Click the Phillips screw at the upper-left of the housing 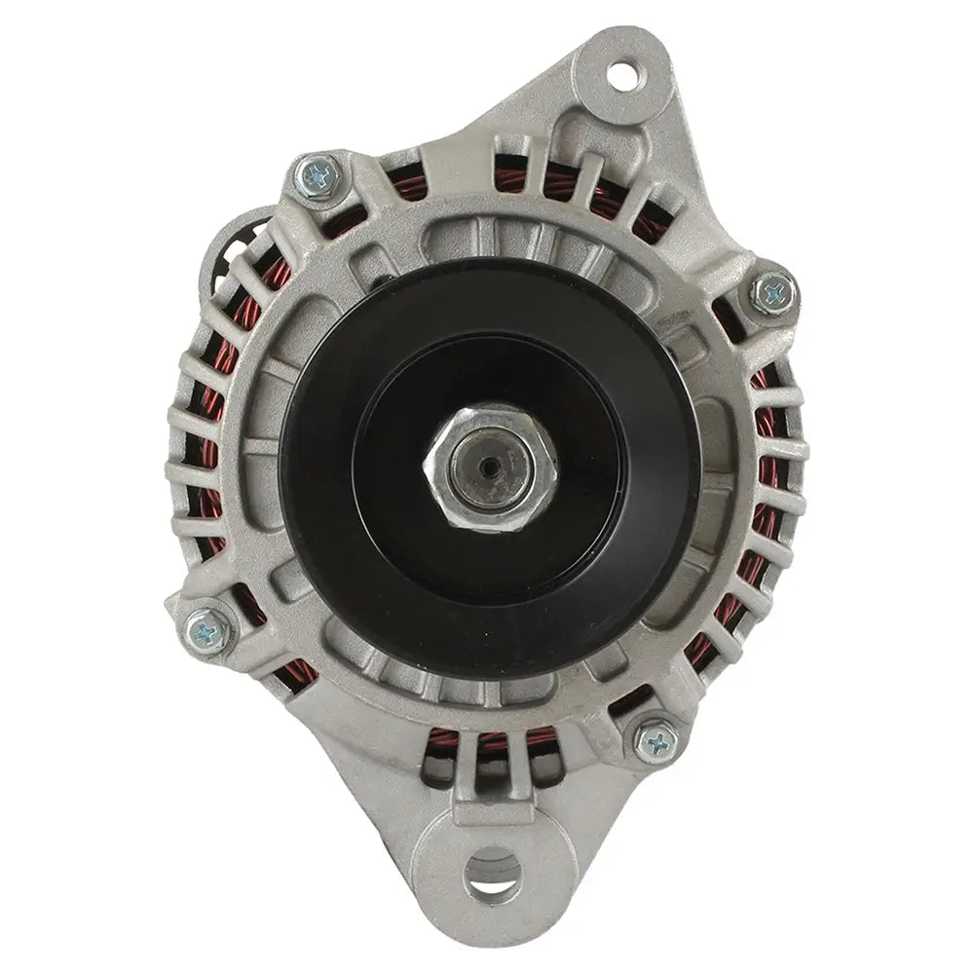[319, 176]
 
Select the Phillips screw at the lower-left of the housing [209, 629]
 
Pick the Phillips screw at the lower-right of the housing [656, 741]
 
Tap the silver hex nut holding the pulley [490, 468]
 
